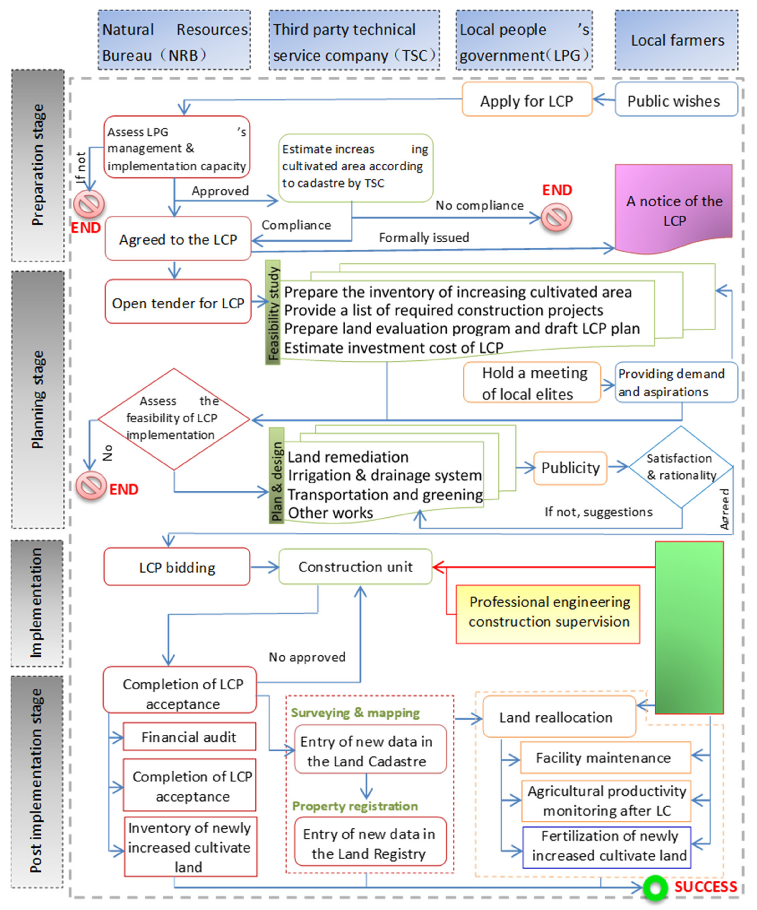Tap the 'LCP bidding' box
pyautogui.click(x=177, y=567)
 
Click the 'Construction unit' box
pyautogui.click(x=355, y=566)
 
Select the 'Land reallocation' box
pyautogui.click(x=559, y=717)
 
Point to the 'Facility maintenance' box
pyautogui.click(x=605, y=757)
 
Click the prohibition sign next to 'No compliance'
pyautogui.click(x=556, y=217)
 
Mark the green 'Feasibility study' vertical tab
pyautogui.click(x=273, y=313)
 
